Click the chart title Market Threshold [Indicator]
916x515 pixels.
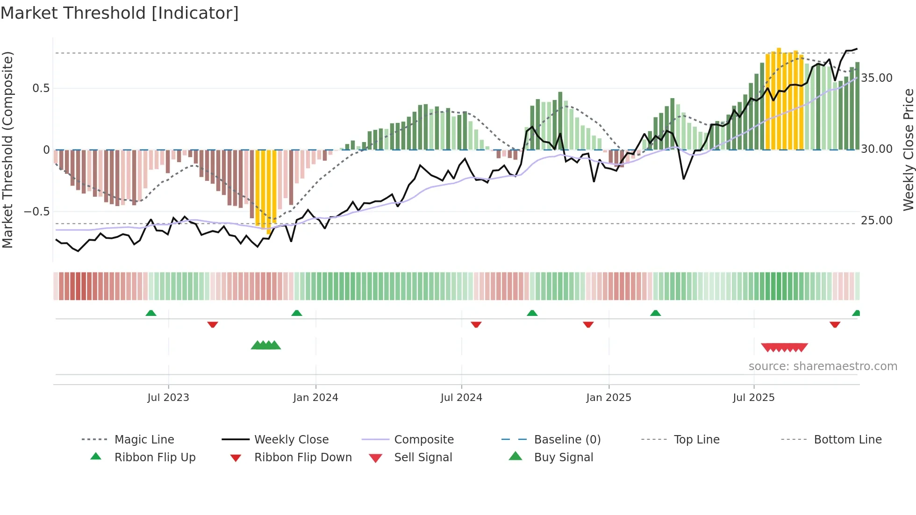(x=120, y=13)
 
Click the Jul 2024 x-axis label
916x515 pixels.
(x=461, y=397)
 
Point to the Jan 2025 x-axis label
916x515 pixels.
(x=608, y=397)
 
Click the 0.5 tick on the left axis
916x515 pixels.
(x=41, y=88)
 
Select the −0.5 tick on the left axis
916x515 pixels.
(x=37, y=211)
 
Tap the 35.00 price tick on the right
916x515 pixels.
(x=877, y=78)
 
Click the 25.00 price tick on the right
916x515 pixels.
(x=877, y=220)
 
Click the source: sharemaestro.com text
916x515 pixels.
(x=823, y=366)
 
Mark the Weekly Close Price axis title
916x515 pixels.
(x=908, y=150)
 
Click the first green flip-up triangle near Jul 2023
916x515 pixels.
(x=151, y=313)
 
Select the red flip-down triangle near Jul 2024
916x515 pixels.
(x=476, y=324)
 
